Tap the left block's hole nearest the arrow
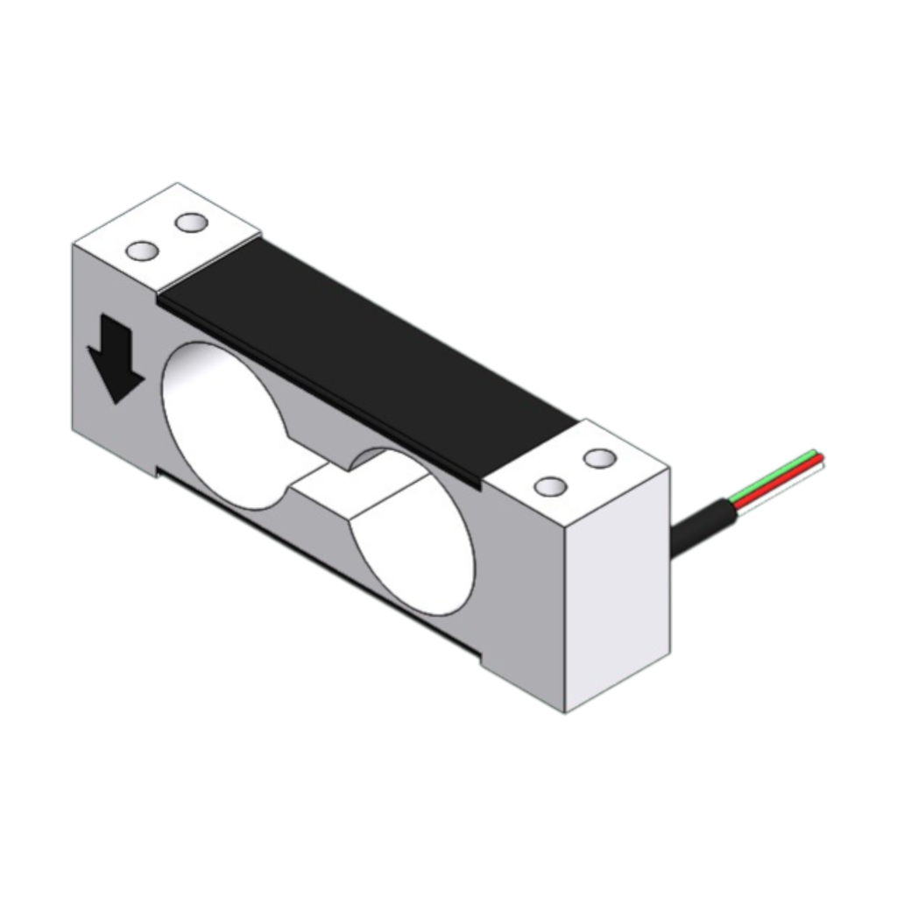pyautogui.click(x=142, y=251)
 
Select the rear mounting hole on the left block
pyautogui.click(x=190, y=222)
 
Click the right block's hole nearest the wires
pyautogui.click(x=600, y=457)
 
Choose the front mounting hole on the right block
pyautogui.click(x=550, y=486)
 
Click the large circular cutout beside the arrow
pyautogui.click(x=223, y=425)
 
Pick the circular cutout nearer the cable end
pyautogui.click(x=412, y=534)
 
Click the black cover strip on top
pyautogui.click(x=368, y=350)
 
